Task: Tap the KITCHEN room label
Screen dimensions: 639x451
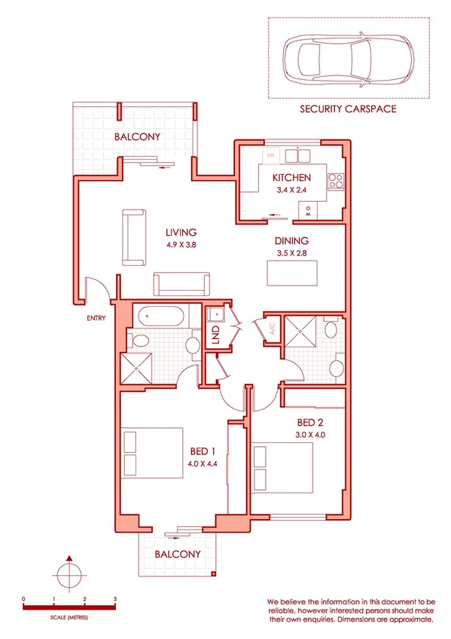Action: (x=291, y=178)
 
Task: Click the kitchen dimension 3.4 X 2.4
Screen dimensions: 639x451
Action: (x=291, y=191)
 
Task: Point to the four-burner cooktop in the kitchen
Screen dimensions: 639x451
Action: (x=337, y=181)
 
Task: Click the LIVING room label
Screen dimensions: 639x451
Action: (x=181, y=232)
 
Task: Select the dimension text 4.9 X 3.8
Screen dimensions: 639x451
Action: (x=181, y=245)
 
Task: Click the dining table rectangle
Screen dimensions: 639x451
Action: (x=293, y=272)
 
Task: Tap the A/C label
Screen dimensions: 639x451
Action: (x=266, y=329)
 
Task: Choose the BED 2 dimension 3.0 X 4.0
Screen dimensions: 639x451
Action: (x=310, y=435)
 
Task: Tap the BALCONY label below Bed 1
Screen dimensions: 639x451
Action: (x=177, y=554)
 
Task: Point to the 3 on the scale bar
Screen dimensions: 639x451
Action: (x=114, y=599)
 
